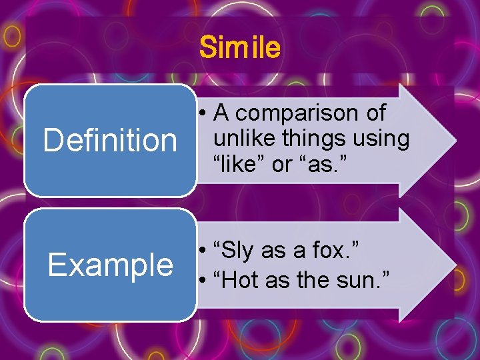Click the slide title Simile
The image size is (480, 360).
point(240,48)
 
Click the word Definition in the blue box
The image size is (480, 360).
point(110,141)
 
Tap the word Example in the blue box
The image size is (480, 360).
point(110,265)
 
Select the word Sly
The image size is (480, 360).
point(236,252)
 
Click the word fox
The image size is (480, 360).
point(337,252)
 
